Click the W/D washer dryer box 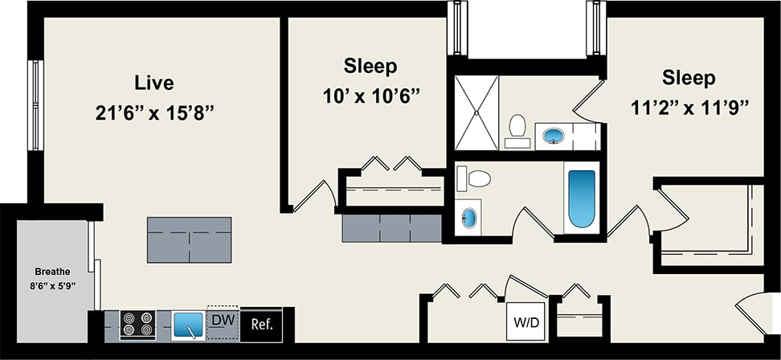coord(526,321)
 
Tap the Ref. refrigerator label coord(262,325)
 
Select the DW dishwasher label coord(223,320)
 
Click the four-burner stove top coord(138,324)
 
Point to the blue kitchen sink coord(188,325)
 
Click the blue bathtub coord(582,198)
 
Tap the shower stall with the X coord(476,112)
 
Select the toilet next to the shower coord(517,131)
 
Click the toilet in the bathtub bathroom coord(474,178)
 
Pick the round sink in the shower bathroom coord(554,135)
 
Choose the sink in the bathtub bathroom coord(469,218)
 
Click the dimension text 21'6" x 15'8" coord(154,113)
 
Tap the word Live coord(154,82)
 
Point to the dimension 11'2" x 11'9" coord(690,108)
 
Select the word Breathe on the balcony coord(52,272)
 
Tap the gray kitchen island coord(190,239)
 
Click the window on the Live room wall coord(36,105)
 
